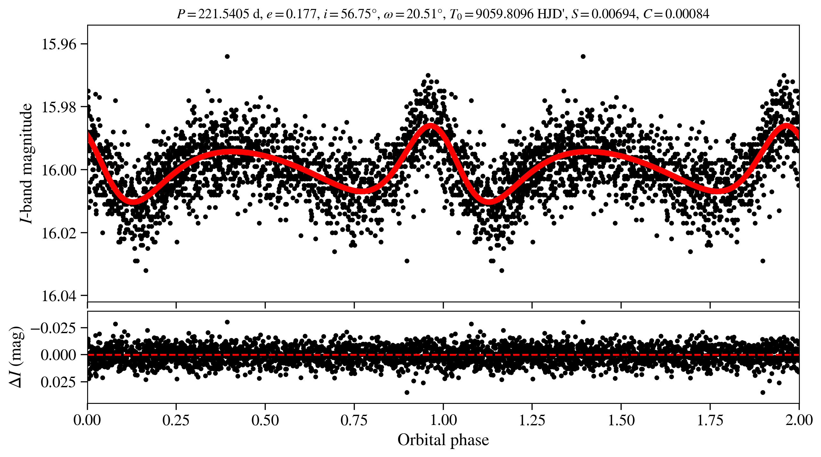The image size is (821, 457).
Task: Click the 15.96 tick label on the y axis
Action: coord(59,44)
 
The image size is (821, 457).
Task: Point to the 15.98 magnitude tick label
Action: coord(59,107)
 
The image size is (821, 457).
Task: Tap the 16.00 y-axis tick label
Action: coord(59,170)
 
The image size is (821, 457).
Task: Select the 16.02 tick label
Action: coord(59,233)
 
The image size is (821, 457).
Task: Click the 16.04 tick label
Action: coord(59,296)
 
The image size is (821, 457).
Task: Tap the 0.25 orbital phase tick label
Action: coord(176,420)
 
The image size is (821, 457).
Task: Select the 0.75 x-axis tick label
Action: coord(354,420)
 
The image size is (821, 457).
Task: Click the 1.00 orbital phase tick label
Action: coord(443,420)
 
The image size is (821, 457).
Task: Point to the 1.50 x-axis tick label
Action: coord(621,420)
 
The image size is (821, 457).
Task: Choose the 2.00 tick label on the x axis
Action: coord(799,420)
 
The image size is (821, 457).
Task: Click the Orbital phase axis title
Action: coord(443,440)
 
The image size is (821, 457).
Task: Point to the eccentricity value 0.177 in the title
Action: coord(301,14)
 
